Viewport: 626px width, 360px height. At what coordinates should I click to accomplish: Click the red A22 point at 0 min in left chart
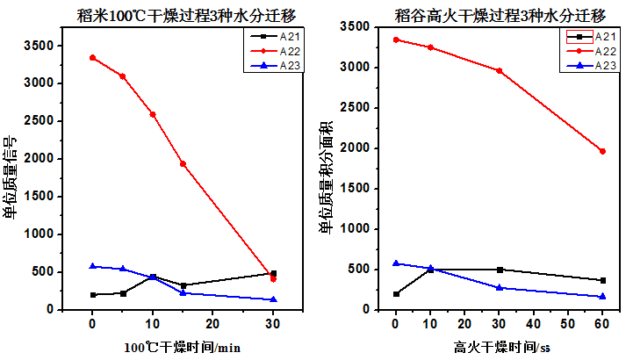point(92,58)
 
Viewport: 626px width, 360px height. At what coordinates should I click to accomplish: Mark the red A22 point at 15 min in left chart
point(183,163)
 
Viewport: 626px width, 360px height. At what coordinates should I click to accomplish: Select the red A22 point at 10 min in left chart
point(153,114)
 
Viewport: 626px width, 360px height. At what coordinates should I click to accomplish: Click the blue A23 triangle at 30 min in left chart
point(273,299)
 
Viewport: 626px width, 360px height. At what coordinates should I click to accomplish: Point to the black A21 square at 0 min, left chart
point(92,294)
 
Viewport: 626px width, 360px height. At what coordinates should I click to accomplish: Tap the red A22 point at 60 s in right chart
point(602,151)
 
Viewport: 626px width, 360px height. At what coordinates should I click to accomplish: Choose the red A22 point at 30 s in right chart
point(499,70)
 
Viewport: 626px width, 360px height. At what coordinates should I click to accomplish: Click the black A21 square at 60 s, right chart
point(602,280)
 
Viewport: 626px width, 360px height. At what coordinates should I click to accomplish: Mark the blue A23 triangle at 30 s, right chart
point(499,287)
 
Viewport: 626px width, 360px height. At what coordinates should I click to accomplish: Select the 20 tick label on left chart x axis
point(212,323)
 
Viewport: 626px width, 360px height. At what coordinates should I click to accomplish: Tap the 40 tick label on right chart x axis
point(534,323)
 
